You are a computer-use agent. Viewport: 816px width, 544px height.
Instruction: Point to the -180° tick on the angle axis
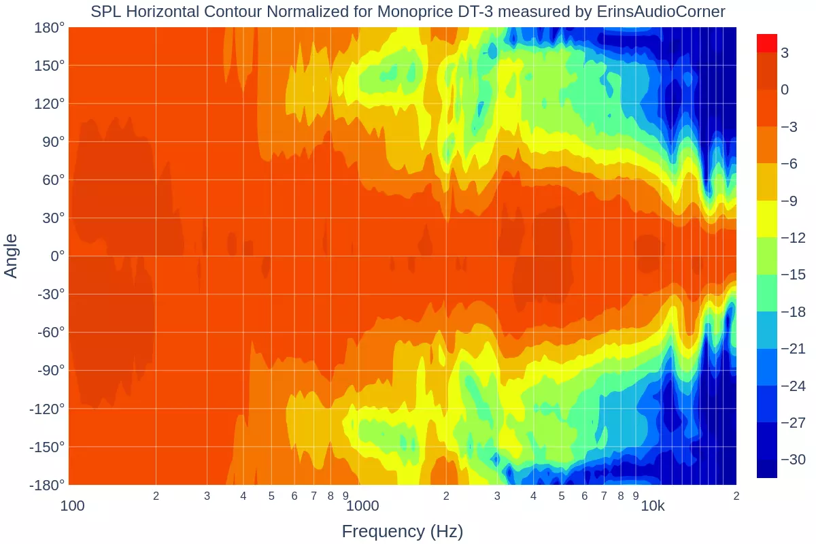[x=47, y=485]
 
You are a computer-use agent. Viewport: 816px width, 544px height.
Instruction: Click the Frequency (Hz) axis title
[x=403, y=531]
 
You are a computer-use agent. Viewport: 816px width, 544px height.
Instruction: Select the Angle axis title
[x=12, y=256]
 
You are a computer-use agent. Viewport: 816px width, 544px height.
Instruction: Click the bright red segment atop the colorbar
[x=767, y=43]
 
